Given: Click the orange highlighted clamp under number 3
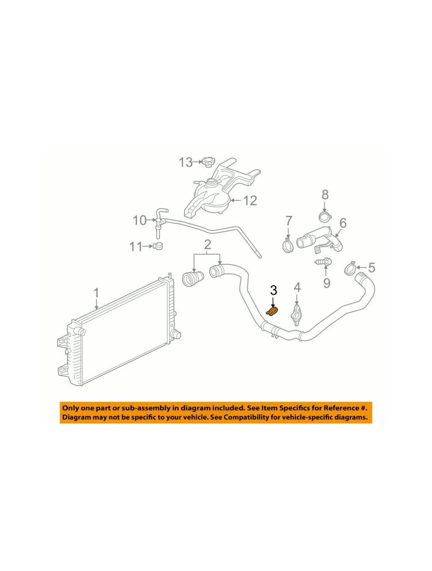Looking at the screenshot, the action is click(x=272, y=311).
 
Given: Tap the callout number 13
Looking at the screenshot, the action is click(x=185, y=162).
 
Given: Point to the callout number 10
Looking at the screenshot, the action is click(x=140, y=221).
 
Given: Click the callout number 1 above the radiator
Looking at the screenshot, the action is click(x=96, y=293).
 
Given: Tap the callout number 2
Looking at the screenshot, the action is click(x=207, y=244).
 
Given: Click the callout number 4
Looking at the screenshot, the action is click(x=297, y=288).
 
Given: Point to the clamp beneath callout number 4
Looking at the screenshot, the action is click(x=296, y=315).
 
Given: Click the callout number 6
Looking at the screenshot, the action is click(x=343, y=223).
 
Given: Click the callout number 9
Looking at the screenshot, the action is click(x=326, y=282).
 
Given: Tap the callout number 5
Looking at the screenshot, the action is click(x=372, y=267).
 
